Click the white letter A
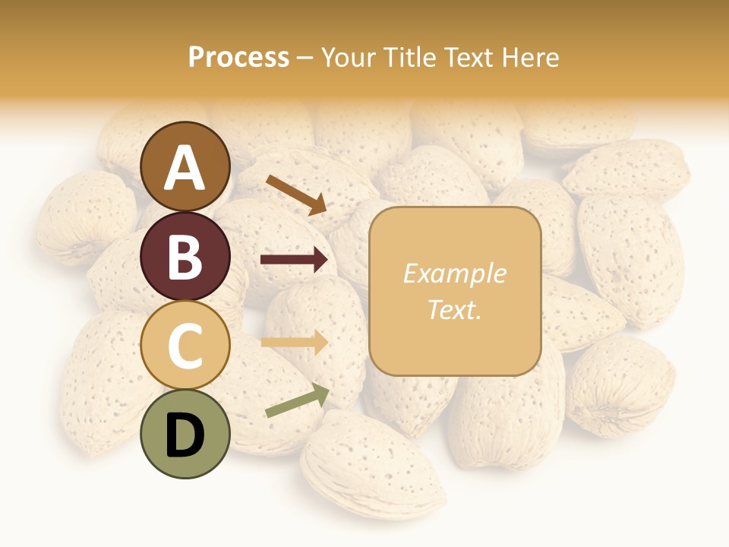tap(185, 169)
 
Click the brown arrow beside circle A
tap(297, 194)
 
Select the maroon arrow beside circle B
tap(294, 260)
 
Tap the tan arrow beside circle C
tap(294, 342)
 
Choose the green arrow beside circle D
tap(297, 400)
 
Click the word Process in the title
tap(238, 58)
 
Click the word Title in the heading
tap(409, 58)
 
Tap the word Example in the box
tap(454, 273)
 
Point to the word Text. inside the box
tap(454, 310)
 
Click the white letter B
tap(185, 258)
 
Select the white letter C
tap(185, 346)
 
